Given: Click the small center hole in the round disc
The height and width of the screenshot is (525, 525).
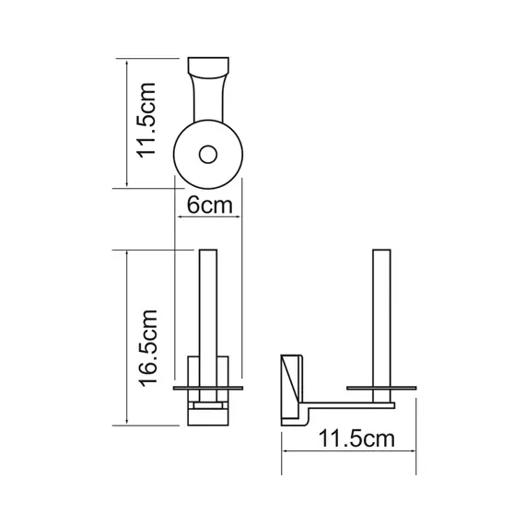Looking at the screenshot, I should [208, 152].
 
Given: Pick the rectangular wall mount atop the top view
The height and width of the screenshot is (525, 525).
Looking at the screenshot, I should [208, 70].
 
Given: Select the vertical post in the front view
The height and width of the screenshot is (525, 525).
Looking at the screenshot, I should [208, 304].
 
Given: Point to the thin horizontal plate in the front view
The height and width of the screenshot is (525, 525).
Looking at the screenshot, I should [208, 390].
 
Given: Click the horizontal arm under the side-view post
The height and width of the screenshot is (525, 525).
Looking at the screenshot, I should [355, 402].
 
